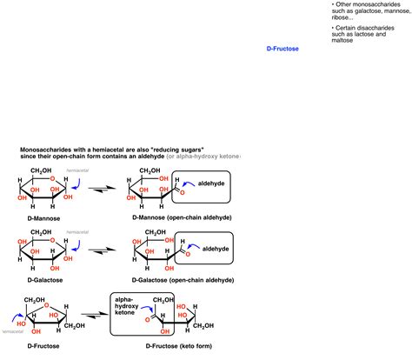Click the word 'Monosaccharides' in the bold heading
point(45,149)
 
